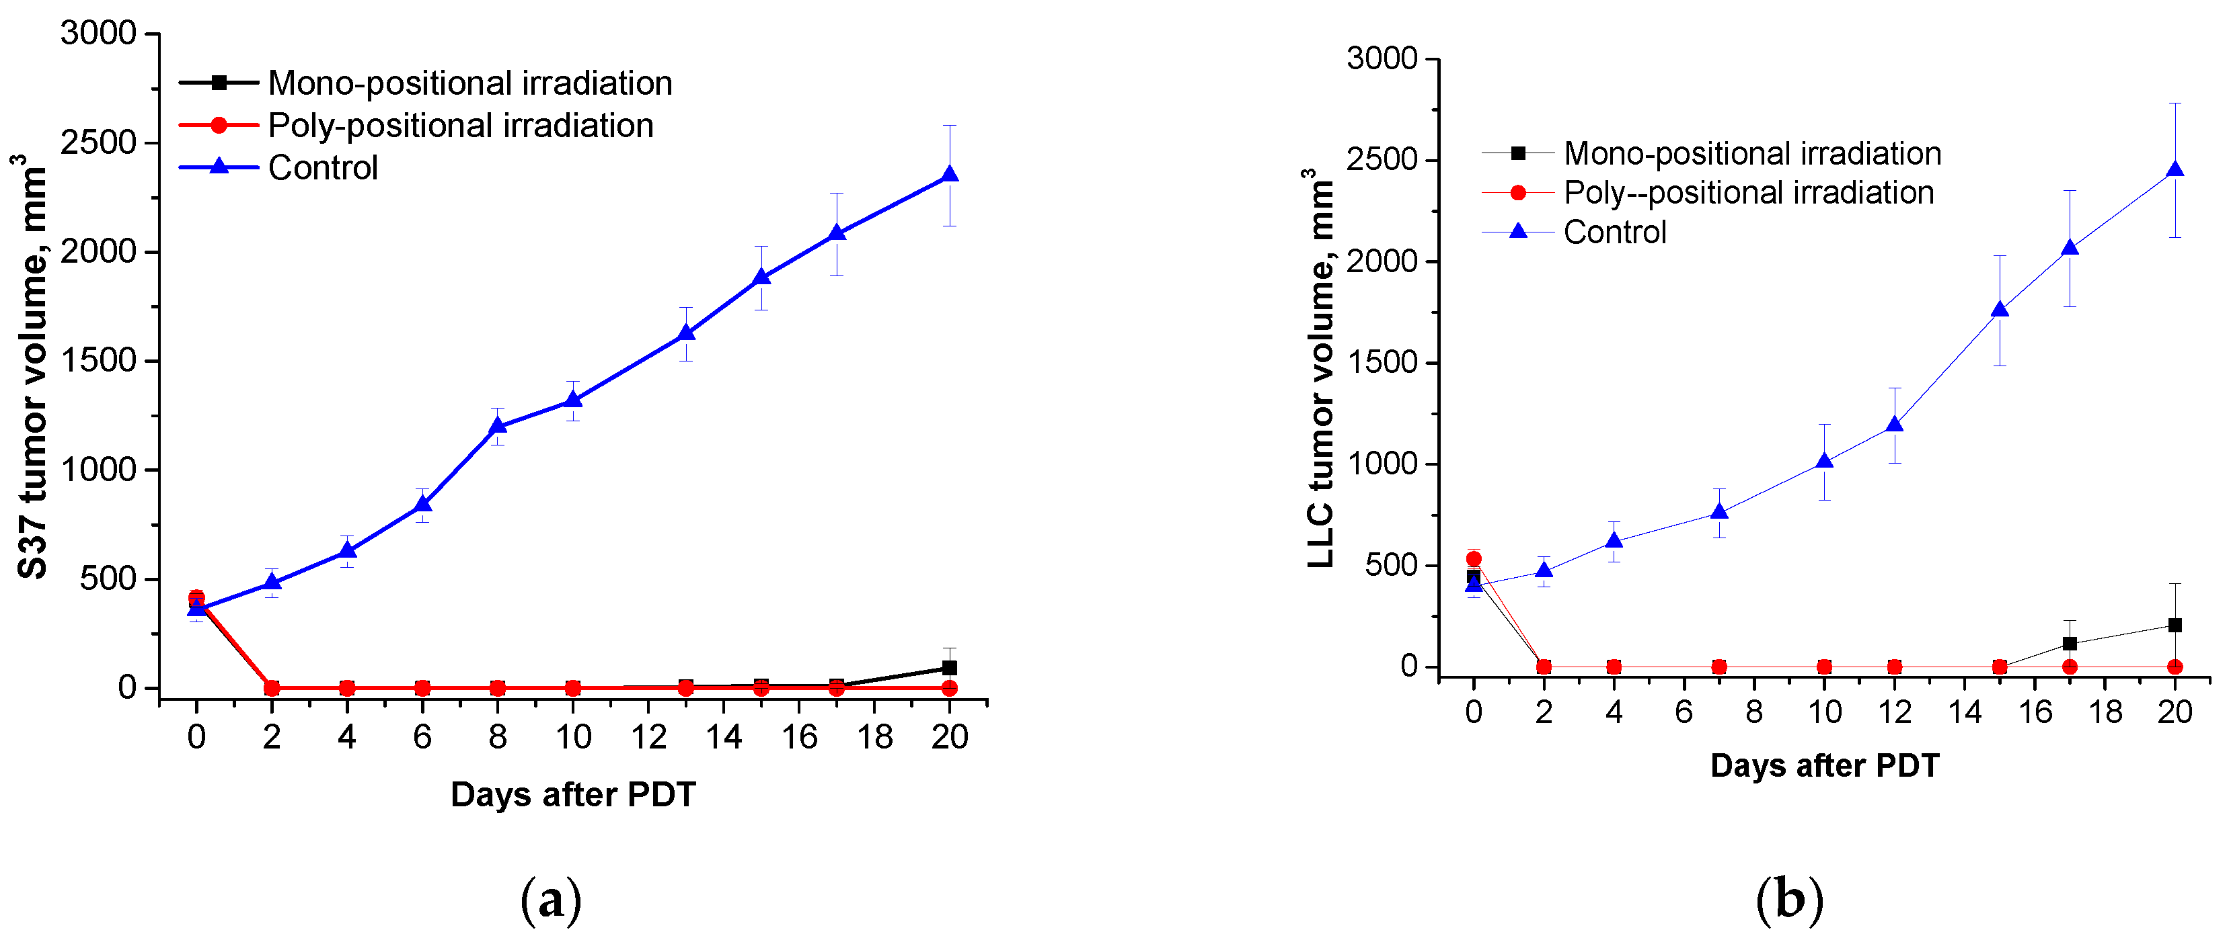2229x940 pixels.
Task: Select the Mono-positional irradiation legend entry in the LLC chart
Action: [x=1752, y=154]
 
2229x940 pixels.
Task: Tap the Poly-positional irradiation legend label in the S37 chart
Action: [x=460, y=126]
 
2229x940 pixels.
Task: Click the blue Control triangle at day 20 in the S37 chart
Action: [x=949, y=175]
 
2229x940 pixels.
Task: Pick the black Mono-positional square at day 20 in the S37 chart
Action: [x=949, y=668]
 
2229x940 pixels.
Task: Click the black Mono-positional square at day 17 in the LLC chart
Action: [x=2070, y=644]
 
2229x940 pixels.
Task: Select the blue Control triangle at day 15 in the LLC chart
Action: [x=2000, y=310]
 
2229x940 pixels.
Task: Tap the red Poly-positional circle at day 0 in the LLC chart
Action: [x=1474, y=558]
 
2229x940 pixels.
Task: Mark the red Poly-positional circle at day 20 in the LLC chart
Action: [x=2175, y=667]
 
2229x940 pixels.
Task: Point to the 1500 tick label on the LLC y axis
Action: [x=1382, y=362]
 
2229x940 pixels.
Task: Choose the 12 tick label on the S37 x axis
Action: [x=648, y=738]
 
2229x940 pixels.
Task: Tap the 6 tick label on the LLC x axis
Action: [x=1684, y=713]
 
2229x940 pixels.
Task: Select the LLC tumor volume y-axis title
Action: [x=1320, y=368]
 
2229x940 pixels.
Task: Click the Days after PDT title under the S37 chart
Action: [x=573, y=795]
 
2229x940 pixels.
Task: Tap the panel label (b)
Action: [x=1789, y=900]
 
